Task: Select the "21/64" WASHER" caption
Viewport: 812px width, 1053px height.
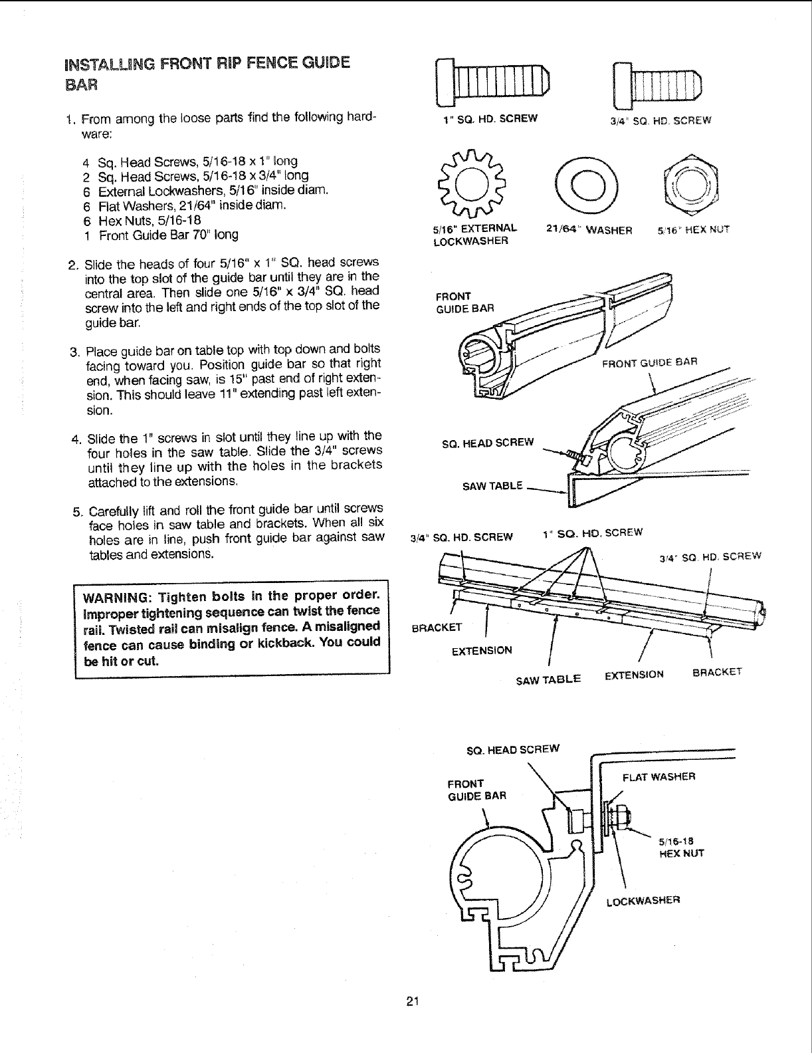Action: click(589, 230)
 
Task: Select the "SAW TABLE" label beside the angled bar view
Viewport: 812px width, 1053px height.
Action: click(492, 485)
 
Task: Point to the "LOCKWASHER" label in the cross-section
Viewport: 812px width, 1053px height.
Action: click(643, 902)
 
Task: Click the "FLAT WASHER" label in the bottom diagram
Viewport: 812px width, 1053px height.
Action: click(659, 776)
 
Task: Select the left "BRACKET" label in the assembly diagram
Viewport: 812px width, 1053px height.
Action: click(437, 627)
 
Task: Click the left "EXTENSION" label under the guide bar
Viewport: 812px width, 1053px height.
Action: click(482, 650)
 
